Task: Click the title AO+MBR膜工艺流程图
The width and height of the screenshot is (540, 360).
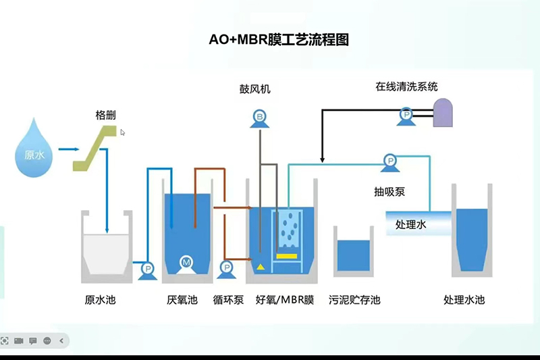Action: (279, 40)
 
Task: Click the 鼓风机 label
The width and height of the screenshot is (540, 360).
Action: (254, 88)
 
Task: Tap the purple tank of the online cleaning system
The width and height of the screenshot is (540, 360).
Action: (443, 113)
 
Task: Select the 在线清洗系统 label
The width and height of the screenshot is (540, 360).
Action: (406, 86)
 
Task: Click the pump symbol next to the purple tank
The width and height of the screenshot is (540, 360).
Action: (406, 116)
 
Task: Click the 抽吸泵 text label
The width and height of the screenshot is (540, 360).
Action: (389, 191)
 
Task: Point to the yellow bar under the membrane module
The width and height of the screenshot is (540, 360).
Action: (286, 257)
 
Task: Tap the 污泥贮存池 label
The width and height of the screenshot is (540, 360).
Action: (354, 299)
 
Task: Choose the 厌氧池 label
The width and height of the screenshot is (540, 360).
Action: (182, 299)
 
